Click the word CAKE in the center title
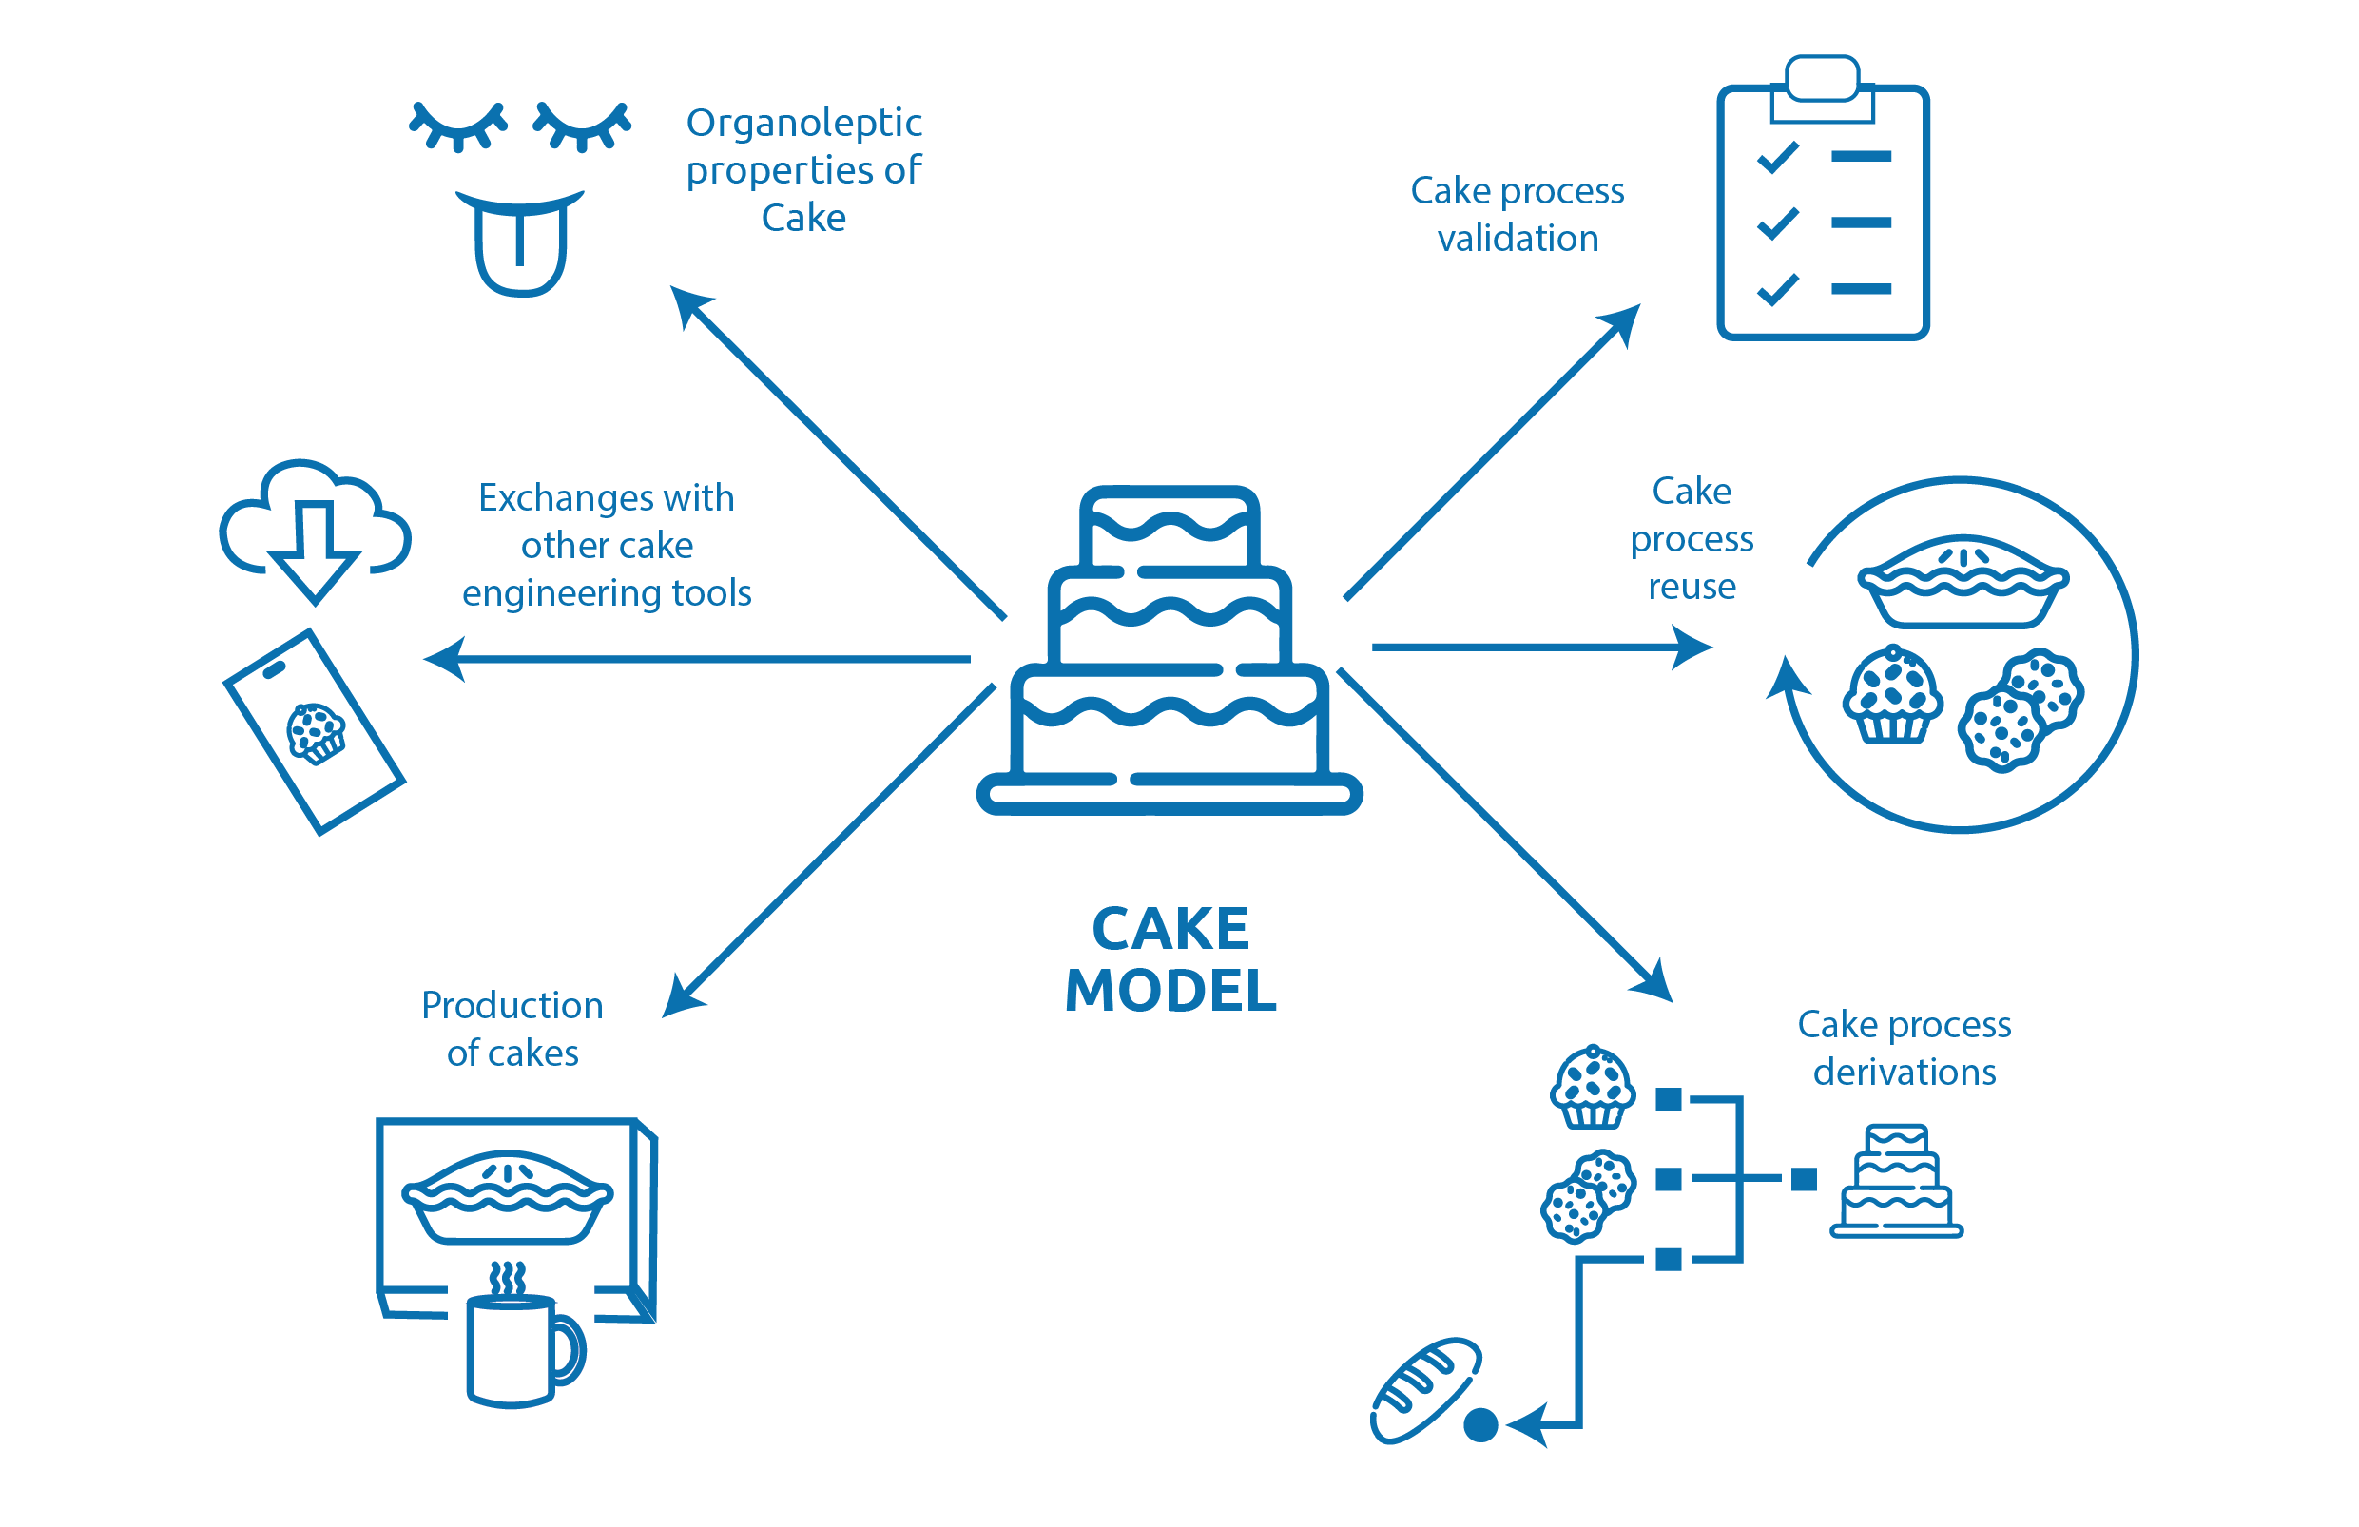click(x=1170, y=929)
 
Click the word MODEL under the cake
click(x=1170, y=991)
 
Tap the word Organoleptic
click(x=803, y=123)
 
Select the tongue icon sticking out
click(x=519, y=248)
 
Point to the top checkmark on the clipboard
click(x=1777, y=157)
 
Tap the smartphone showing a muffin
click(x=315, y=731)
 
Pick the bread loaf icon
click(x=1424, y=1389)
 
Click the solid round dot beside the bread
click(x=1479, y=1425)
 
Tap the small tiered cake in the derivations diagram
click(x=1895, y=1181)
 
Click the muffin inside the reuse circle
click(x=1892, y=696)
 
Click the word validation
click(x=1518, y=239)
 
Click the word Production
click(x=512, y=1005)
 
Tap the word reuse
click(x=1691, y=587)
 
